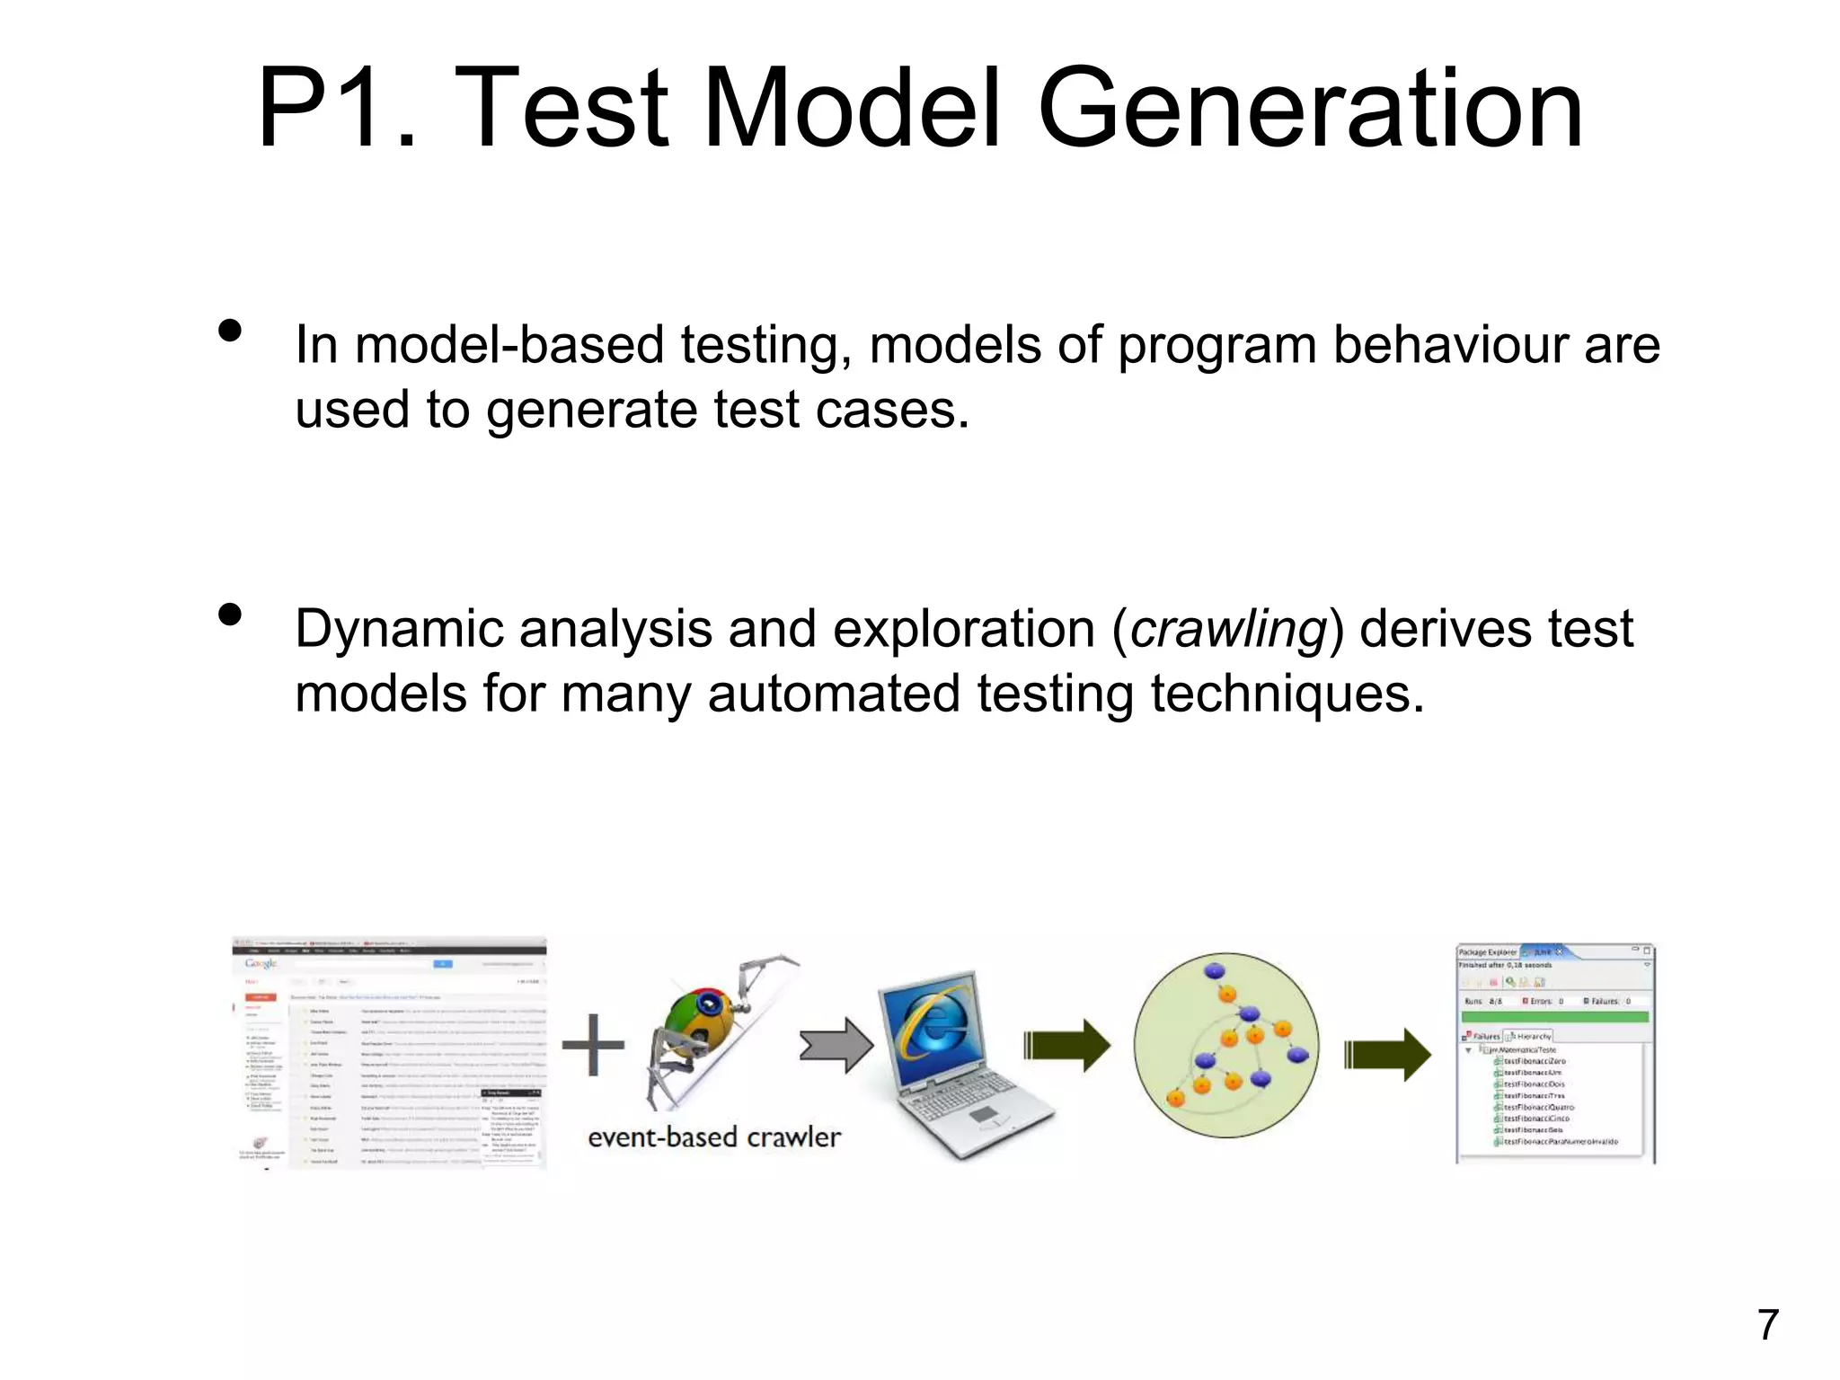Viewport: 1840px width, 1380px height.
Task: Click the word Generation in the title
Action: [1310, 110]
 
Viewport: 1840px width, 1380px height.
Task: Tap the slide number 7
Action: [1767, 1324]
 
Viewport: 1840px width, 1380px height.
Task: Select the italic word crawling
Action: [1228, 629]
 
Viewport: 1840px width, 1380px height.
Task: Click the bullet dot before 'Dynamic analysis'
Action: [230, 615]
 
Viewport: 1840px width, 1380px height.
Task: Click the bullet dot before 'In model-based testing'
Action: [230, 331]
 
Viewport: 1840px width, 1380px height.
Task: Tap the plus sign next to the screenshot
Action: [593, 1045]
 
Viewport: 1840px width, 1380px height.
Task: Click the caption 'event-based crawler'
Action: [714, 1137]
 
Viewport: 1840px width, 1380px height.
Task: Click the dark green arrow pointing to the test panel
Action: [1387, 1054]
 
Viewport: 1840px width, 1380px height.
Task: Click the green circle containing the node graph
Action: [1226, 1045]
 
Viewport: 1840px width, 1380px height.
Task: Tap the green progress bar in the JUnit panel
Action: [1554, 1017]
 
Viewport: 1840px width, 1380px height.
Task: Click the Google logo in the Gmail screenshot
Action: [261, 963]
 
